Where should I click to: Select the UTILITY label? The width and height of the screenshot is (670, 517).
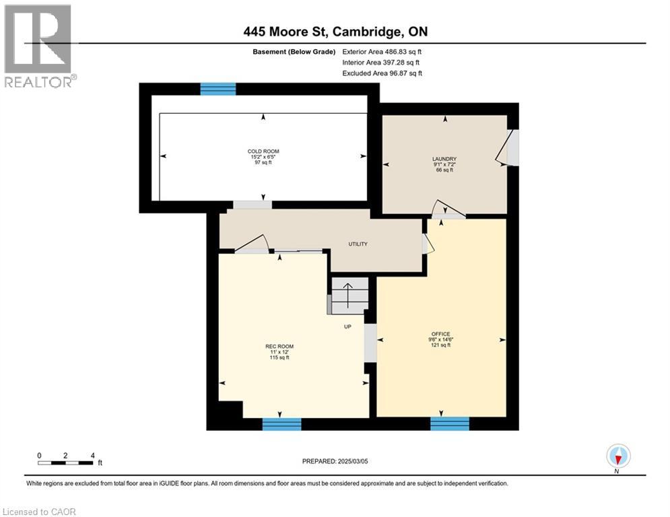tap(358, 244)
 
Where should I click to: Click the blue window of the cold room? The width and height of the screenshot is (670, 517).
tap(218, 89)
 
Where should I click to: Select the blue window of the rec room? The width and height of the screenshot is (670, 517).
tap(281, 423)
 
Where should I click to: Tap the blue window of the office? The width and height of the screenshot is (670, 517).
tap(449, 423)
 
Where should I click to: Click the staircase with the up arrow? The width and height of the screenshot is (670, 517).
tap(349, 296)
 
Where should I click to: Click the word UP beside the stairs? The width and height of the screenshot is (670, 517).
tap(347, 327)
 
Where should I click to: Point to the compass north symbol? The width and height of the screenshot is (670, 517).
tap(617, 457)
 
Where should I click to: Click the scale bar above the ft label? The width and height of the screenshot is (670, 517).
tap(65, 462)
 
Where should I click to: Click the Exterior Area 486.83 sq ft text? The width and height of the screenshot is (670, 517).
tap(382, 51)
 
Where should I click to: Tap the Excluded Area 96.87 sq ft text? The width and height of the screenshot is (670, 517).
tap(382, 73)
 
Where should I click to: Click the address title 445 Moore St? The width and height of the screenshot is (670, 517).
tap(335, 32)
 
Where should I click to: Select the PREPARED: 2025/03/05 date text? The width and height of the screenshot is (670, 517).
tap(335, 461)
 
